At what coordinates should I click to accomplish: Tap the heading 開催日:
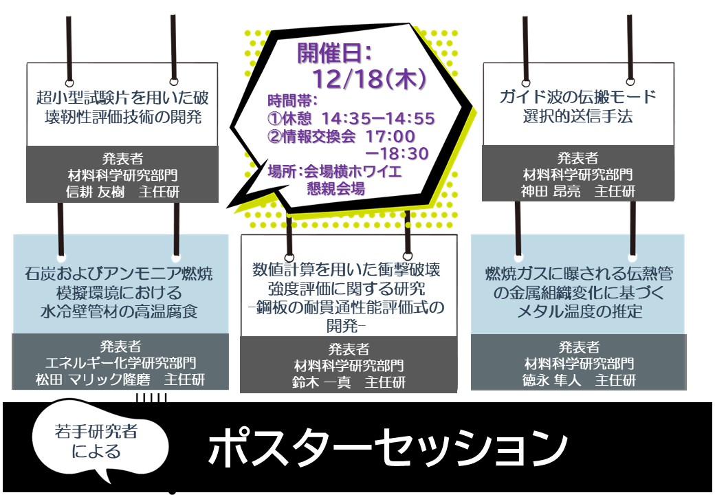334,52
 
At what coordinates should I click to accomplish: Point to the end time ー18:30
397,153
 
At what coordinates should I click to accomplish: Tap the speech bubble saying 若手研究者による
100,441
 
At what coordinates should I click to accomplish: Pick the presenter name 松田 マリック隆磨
96,381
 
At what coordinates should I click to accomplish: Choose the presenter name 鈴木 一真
322,383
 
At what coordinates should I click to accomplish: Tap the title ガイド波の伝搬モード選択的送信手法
577,106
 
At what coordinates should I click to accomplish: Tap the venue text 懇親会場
335,187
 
